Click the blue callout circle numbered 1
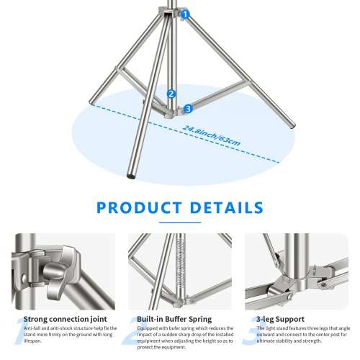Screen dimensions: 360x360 [185, 14]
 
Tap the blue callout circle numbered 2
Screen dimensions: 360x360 [171, 94]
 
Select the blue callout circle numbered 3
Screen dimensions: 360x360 [188, 109]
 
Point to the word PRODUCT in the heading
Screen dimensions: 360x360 [139, 208]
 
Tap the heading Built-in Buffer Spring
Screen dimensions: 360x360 [176, 318]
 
